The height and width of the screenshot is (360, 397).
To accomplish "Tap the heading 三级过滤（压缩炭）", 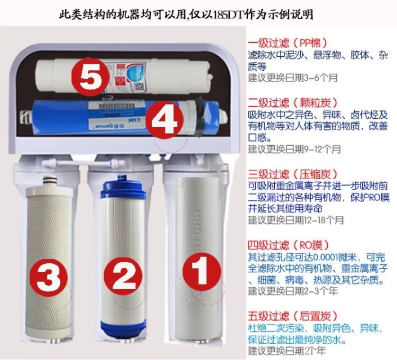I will pos(292,173).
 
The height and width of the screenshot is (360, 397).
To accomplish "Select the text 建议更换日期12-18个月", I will pos(296,219).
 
